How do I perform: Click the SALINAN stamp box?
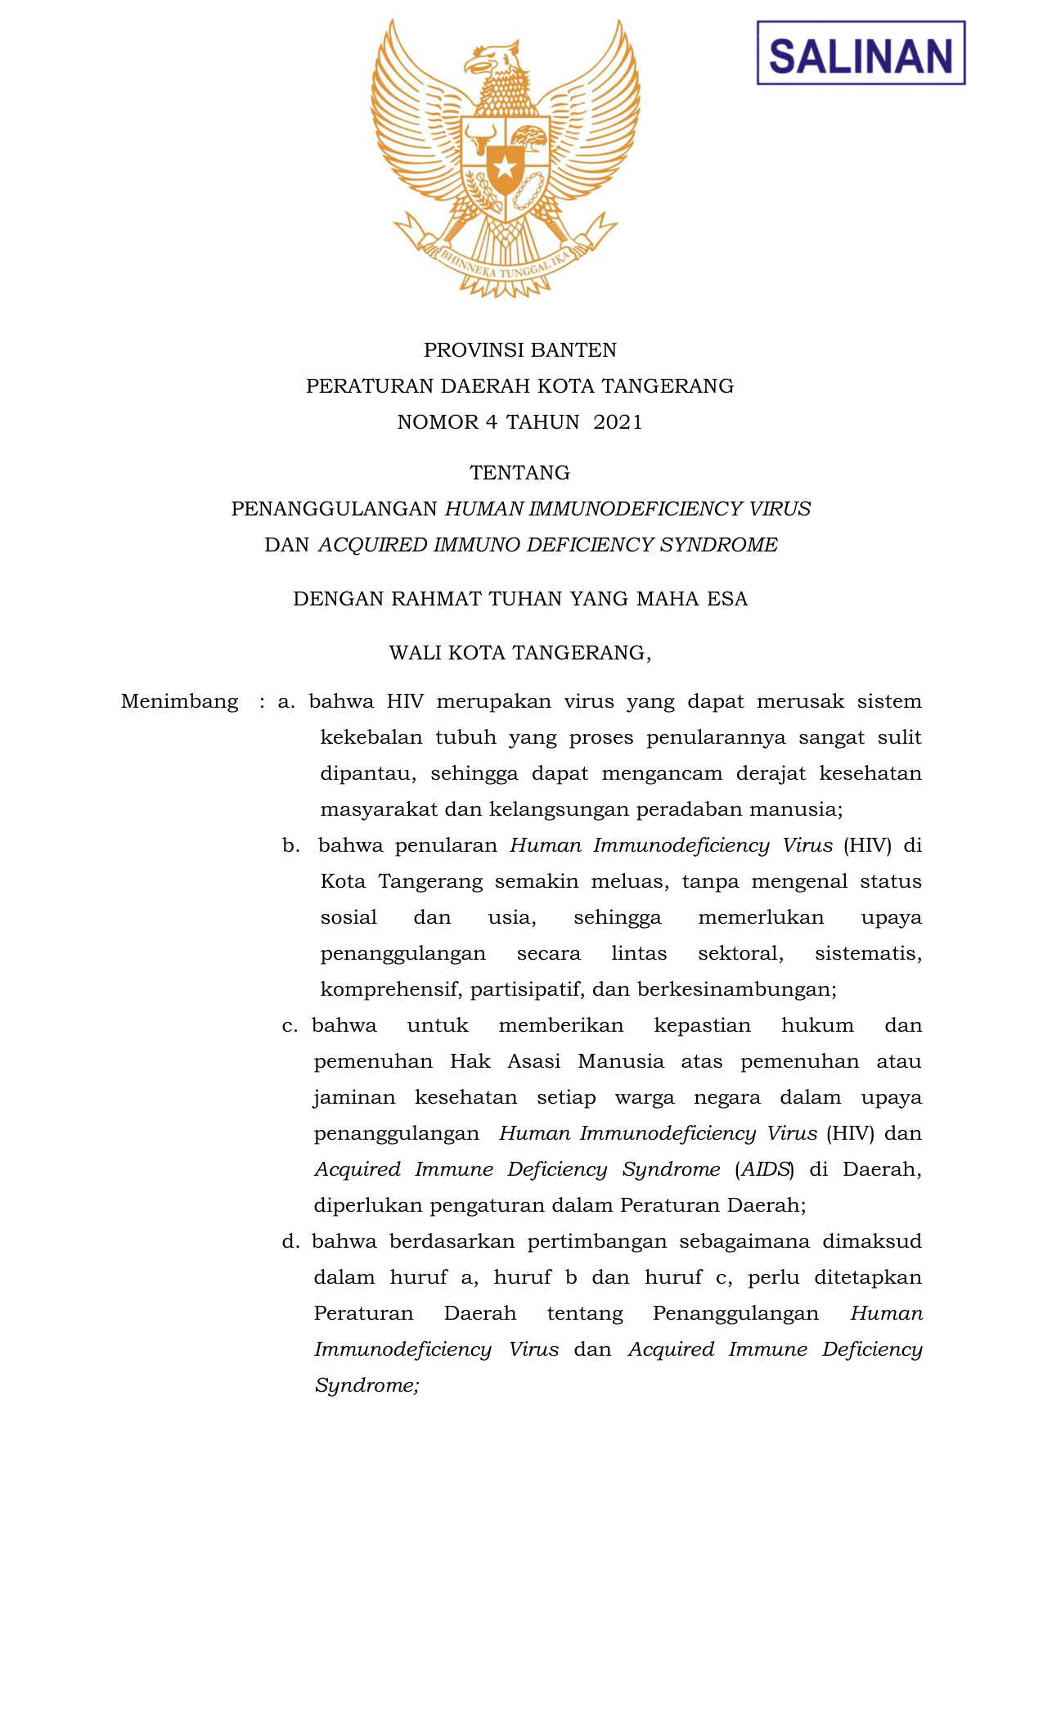[x=861, y=53]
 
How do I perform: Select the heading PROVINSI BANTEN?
[x=520, y=350]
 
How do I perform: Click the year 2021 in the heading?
[x=618, y=422]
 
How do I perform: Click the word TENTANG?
[x=520, y=473]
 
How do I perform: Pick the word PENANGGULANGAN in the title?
[x=335, y=509]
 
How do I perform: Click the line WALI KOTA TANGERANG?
[x=520, y=653]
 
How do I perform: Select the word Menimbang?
[x=180, y=702]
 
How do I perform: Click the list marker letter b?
[x=290, y=846]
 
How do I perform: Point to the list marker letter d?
[x=290, y=1242]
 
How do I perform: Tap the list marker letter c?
[x=290, y=1026]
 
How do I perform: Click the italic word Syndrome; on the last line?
[x=366, y=1386]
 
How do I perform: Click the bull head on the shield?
[x=480, y=135]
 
